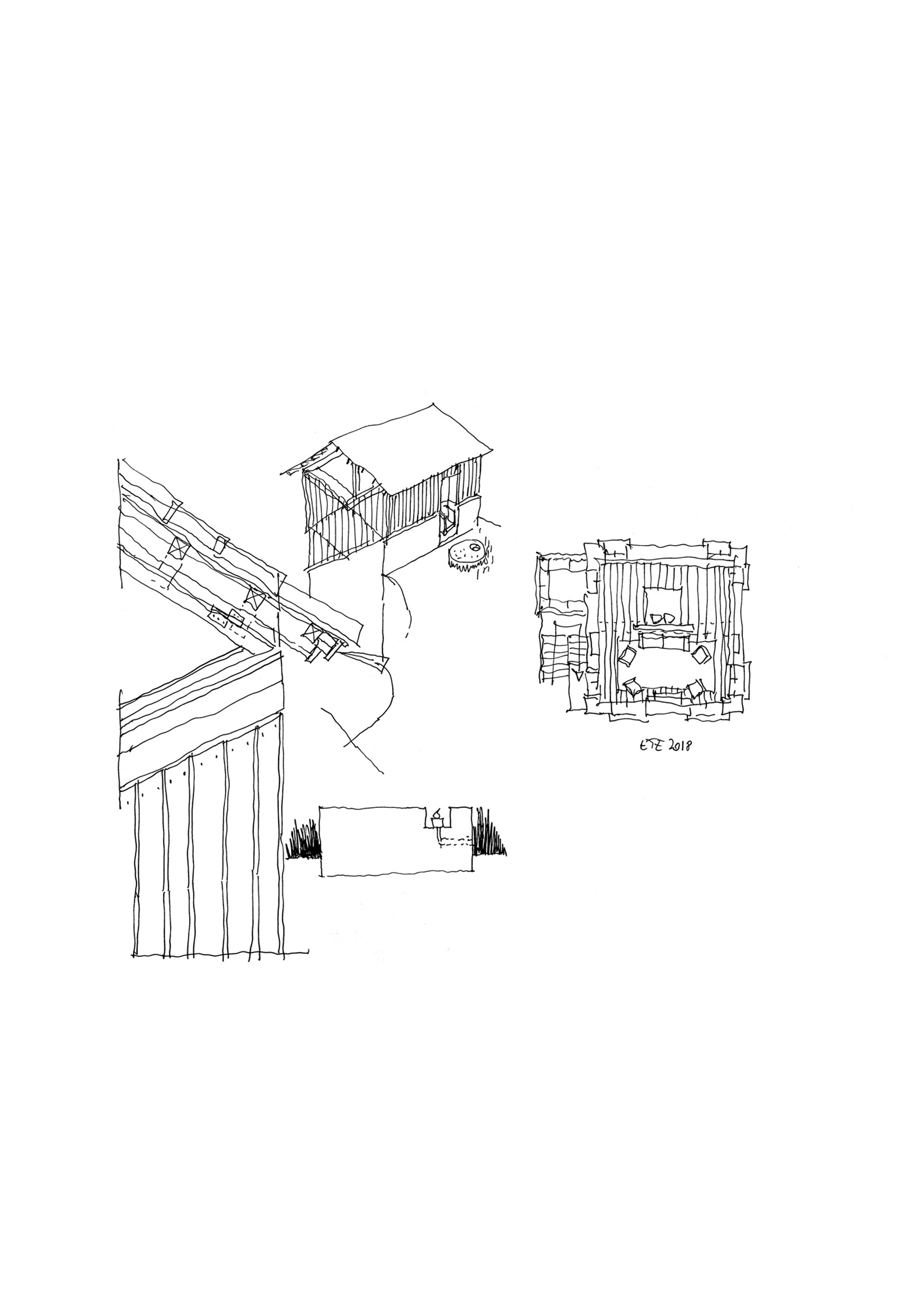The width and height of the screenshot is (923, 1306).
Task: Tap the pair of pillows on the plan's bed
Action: pos(663,618)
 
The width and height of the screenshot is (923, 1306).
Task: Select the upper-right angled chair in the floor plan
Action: pos(700,655)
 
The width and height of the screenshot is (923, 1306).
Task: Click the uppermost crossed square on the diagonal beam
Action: pos(179,549)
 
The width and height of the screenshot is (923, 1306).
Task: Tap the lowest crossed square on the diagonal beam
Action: pos(312,630)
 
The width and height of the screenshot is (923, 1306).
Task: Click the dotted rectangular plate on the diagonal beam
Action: pos(228,617)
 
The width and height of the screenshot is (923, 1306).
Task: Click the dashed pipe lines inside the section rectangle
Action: pos(455,840)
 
